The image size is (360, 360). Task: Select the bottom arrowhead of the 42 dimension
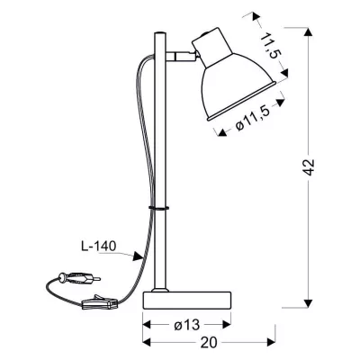click(x=310, y=301)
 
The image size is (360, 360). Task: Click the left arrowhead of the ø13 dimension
click(x=146, y=326)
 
